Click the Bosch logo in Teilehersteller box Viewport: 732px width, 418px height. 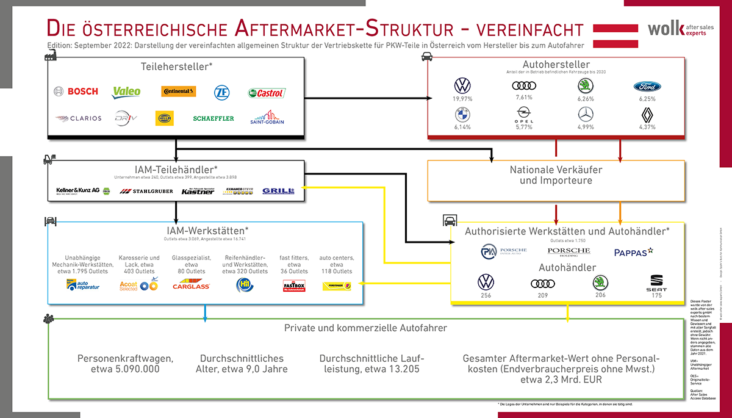(x=76, y=92)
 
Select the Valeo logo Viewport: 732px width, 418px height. (x=126, y=92)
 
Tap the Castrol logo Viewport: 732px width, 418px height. (x=267, y=93)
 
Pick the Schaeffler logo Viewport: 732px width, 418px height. (x=213, y=118)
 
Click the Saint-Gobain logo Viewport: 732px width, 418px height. (x=267, y=117)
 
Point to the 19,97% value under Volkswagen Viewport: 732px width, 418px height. (x=462, y=98)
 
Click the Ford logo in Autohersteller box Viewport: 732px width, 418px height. (x=647, y=87)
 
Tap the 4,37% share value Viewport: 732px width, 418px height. (x=647, y=127)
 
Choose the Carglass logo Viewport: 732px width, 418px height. (x=191, y=285)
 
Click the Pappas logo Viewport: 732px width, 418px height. (x=634, y=251)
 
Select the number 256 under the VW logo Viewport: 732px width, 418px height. (x=486, y=296)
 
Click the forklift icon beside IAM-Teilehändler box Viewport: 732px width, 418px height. (x=48, y=160)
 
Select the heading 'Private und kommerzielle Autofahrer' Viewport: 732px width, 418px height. (x=365, y=328)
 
